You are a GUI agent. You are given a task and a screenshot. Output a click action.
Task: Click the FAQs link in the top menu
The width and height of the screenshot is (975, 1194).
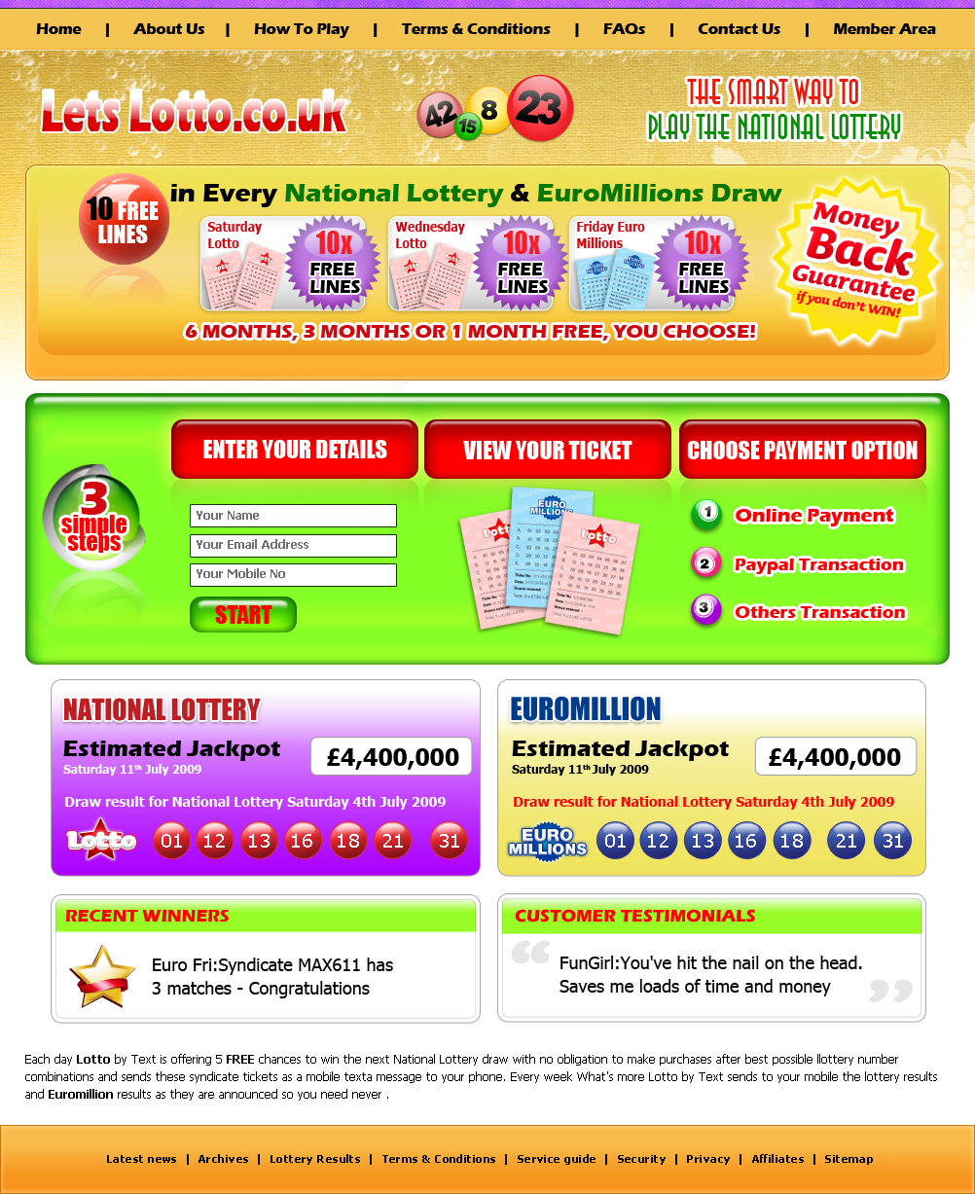click(x=624, y=29)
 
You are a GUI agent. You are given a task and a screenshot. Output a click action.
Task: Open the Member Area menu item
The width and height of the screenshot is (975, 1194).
click(x=884, y=29)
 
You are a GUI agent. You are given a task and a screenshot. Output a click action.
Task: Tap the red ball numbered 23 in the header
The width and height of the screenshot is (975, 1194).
click(x=540, y=108)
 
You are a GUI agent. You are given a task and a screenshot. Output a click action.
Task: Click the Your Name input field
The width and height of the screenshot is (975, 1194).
click(x=293, y=516)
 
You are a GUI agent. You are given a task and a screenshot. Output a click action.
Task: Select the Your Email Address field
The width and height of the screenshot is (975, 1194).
click(x=293, y=545)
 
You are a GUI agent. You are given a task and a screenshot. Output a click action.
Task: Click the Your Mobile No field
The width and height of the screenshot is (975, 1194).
click(x=293, y=574)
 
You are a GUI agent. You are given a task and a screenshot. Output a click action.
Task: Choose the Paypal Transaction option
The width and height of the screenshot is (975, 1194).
click(x=818, y=564)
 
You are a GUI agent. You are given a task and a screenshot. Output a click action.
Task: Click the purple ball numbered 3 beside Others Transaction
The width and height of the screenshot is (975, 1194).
click(x=705, y=610)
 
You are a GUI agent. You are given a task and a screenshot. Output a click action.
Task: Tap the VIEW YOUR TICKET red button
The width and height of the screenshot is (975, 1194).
click(x=548, y=450)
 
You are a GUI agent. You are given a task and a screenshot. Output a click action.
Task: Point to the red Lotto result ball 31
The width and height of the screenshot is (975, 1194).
click(x=449, y=841)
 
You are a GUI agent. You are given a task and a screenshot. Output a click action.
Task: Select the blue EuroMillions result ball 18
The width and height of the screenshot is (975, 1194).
click(x=791, y=841)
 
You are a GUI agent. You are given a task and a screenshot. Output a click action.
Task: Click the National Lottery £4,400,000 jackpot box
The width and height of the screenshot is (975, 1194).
click(x=391, y=757)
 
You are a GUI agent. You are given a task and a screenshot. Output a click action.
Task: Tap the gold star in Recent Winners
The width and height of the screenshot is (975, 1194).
click(x=101, y=976)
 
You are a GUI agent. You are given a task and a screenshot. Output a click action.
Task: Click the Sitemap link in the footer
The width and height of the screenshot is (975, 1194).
click(x=849, y=1159)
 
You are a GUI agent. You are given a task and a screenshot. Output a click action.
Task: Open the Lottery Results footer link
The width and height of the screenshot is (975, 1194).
click(x=314, y=1159)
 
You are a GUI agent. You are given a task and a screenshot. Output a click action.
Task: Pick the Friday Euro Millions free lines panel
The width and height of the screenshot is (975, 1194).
click(x=652, y=263)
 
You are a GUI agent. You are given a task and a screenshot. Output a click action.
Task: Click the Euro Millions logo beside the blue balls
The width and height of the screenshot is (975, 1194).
click(x=548, y=842)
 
